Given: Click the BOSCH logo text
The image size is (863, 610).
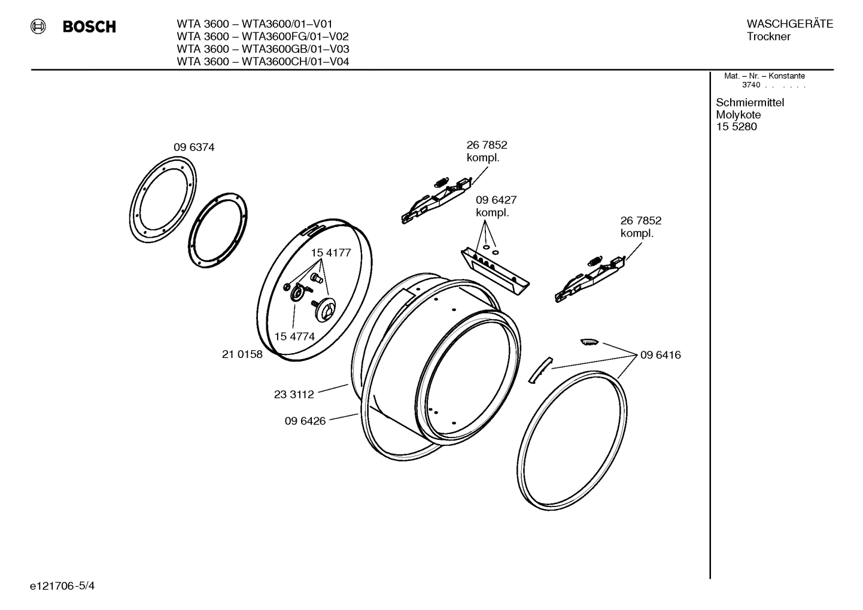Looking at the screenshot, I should pyautogui.click(x=89, y=27).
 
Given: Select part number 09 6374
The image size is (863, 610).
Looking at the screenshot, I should pyautogui.click(x=194, y=147).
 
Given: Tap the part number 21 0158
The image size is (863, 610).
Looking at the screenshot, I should pyautogui.click(x=242, y=354).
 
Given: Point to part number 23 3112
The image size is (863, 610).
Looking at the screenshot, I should pyautogui.click(x=294, y=394).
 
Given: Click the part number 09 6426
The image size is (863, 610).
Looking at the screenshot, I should pyautogui.click(x=305, y=421).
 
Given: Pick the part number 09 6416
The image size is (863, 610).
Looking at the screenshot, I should pyautogui.click(x=660, y=355).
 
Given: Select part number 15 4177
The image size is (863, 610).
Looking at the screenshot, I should pyautogui.click(x=330, y=253).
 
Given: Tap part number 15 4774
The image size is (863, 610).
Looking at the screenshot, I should pyautogui.click(x=294, y=336).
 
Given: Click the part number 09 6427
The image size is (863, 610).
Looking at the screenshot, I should pyautogui.click(x=496, y=200).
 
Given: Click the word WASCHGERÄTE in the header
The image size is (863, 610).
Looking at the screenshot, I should pyautogui.click(x=789, y=24).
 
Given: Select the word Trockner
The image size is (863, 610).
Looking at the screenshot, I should pyautogui.click(x=768, y=37).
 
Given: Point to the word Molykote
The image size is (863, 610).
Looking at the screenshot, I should pyautogui.click(x=738, y=115).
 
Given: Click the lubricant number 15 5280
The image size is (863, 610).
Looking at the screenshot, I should pyautogui.click(x=736, y=127).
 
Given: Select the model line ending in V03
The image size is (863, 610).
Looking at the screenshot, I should pyautogui.click(x=263, y=49).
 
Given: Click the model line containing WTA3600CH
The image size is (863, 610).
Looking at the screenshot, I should pyautogui.click(x=263, y=62).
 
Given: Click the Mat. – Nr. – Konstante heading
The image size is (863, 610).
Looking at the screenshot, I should pyautogui.click(x=764, y=76).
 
